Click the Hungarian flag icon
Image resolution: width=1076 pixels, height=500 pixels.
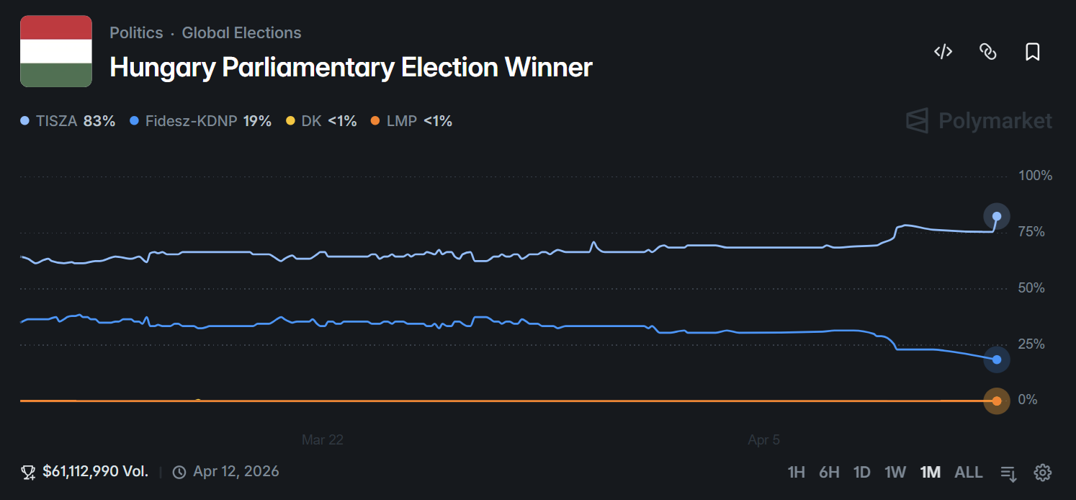[x=56, y=51]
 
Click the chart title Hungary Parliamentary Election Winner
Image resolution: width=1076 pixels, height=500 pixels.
[x=351, y=67]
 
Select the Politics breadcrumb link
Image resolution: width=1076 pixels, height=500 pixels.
[x=136, y=33]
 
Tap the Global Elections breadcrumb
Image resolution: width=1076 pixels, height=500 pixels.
[x=241, y=33]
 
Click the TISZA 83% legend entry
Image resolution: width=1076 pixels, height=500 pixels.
[x=68, y=121]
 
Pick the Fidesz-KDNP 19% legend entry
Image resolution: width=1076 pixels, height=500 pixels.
[x=201, y=121]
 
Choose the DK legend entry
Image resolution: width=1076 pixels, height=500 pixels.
[x=321, y=121]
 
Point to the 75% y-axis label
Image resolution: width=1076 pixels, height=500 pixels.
[x=1031, y=232]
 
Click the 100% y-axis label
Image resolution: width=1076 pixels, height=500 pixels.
[x=1035, y=176]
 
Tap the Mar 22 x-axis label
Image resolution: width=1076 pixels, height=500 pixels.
[x=322, y=439]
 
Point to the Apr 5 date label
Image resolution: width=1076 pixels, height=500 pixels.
[x=763, y=439]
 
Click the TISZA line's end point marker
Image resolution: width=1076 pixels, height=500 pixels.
[x=997, y=216]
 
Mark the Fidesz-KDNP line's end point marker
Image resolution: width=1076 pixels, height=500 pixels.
[x=997, y=360]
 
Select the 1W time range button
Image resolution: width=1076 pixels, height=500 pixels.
[x=895, y=473]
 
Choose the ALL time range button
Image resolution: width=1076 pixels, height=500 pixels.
[x=968, y=473]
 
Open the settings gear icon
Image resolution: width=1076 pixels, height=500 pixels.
[x=1042, y=473]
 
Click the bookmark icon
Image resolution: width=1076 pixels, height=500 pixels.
[x=1032, y=52]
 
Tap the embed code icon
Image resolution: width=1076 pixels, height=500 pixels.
[x=943, y=51]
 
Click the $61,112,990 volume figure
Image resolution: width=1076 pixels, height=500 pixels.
[x=95, y=472]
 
